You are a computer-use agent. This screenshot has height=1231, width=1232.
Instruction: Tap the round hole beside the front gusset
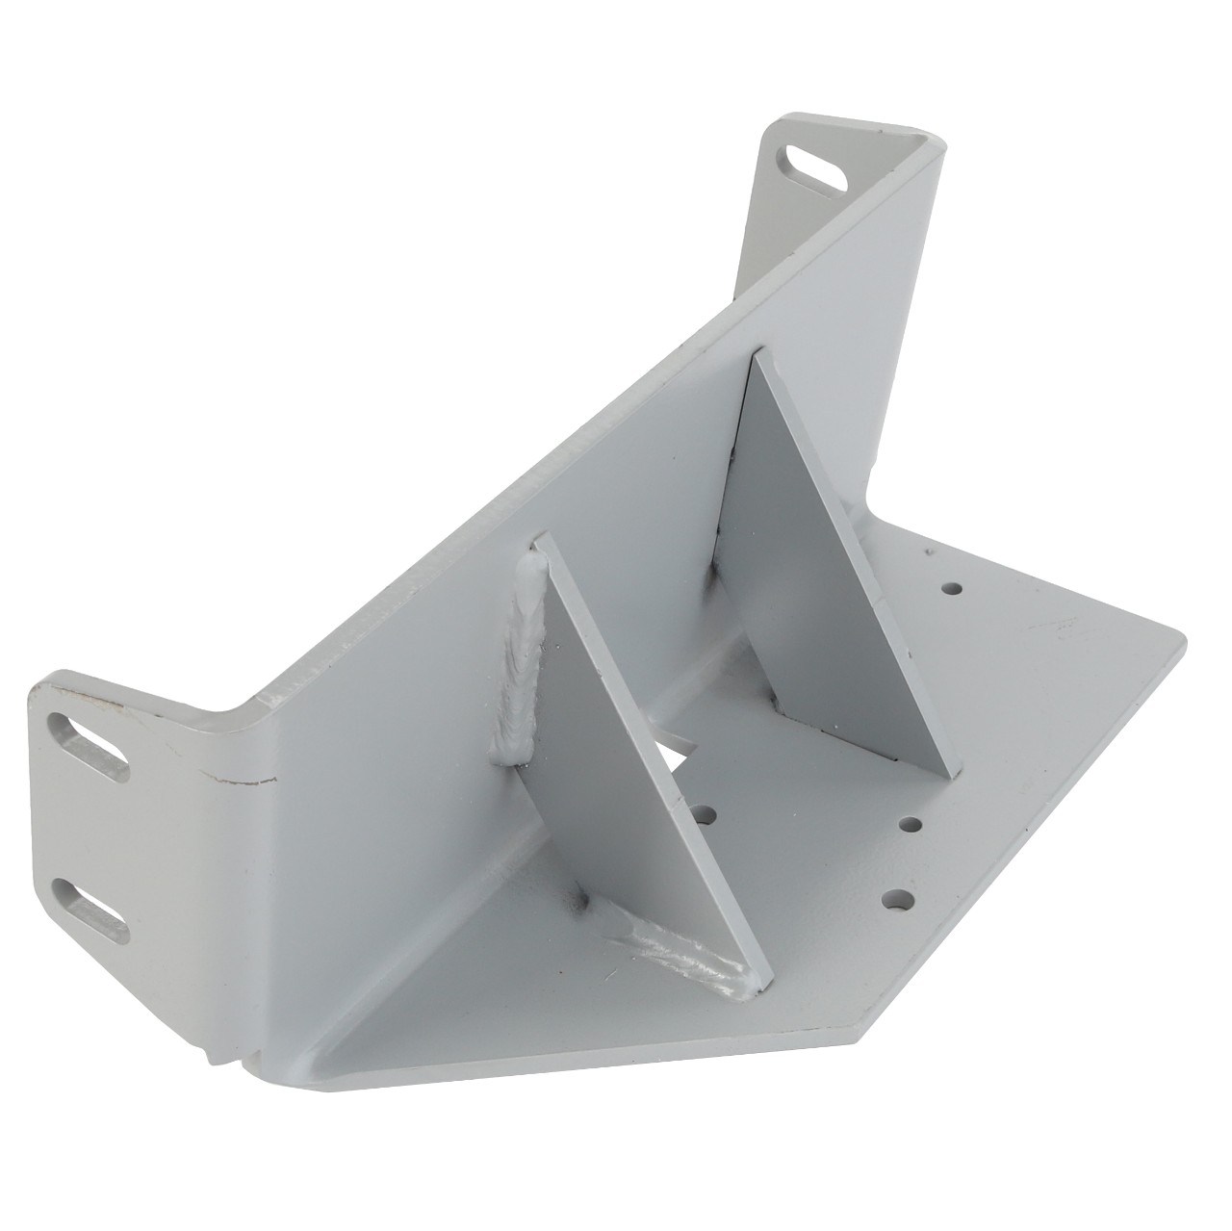[708, 816]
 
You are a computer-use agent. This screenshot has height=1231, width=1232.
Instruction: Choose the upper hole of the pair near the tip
[908, 824]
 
